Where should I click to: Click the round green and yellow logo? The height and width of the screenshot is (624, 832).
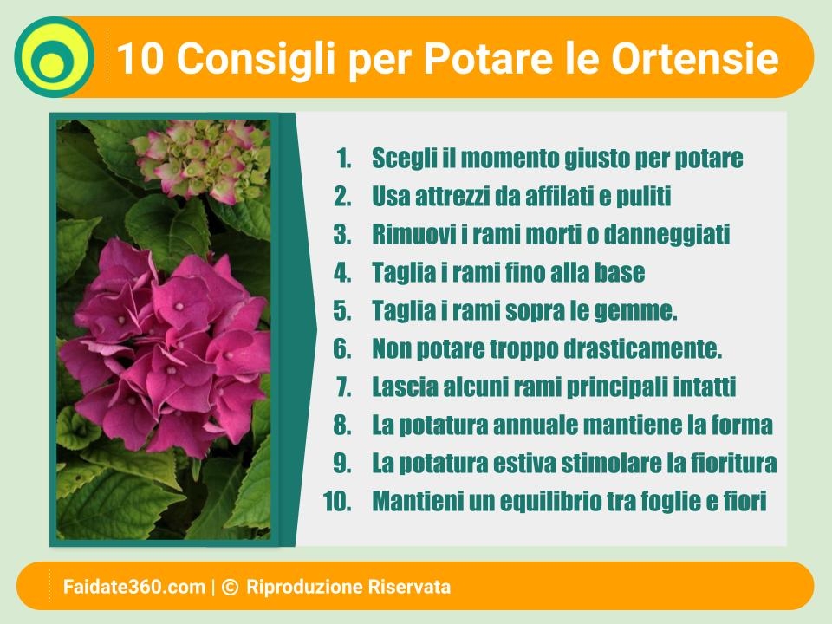coord(54,57)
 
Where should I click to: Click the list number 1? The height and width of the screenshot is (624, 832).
coord(344,158)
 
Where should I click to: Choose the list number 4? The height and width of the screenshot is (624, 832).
coord(342,273)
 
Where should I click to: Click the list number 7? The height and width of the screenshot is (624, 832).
coord(343,387)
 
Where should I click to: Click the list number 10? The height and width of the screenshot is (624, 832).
coord(337,502)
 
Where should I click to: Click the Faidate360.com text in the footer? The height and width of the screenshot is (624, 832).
coord(134,587)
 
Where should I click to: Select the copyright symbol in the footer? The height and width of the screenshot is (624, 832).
coord(230,587)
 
